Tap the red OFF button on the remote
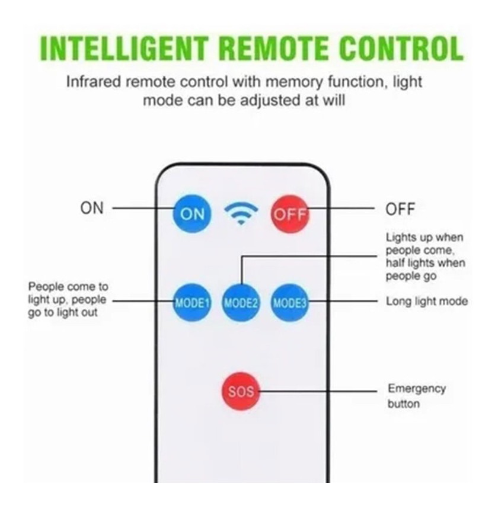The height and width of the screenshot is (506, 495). tap(290, 214)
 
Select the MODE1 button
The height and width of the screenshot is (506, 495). tap(192, 302)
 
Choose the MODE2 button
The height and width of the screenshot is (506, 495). tap(241, 302)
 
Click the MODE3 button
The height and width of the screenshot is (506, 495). tap(290, 302)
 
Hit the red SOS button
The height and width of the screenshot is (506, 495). tap(241, 391)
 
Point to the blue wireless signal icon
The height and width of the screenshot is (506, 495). tap(241, 213)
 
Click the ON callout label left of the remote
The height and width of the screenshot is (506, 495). tap(92, 208)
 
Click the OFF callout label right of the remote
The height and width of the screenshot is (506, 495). tap(400, 209)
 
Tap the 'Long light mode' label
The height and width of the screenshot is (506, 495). tap(427, 302)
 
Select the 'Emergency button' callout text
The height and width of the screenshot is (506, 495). tap(417, 396)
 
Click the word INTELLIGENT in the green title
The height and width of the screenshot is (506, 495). tap(123, 49)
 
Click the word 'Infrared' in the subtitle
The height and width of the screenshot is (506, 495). tap(94, 82)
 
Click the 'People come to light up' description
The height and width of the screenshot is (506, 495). tap(68, 300)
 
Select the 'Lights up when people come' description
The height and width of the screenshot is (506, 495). tap(425, 257)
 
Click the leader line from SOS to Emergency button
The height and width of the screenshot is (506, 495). tap(318, 391)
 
